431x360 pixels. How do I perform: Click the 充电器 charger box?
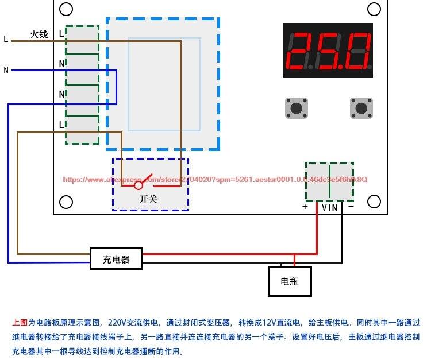point(116,259)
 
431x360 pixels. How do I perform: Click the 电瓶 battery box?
point(290,281)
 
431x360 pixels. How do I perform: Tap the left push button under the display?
point(297,107)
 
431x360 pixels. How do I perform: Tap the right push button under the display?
point(361,107)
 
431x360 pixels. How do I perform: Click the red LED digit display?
point(328,51)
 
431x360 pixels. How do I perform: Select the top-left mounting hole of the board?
point(66,9)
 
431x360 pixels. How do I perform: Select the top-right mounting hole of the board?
point(374,9)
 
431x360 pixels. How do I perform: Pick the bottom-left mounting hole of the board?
point(66,202)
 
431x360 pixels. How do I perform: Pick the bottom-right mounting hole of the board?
point(374,202)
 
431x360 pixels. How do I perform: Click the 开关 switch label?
point(148,199)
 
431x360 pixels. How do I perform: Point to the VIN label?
point(329,208)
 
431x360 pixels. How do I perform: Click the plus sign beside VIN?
point(305,207)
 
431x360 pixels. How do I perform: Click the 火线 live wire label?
point(39,34)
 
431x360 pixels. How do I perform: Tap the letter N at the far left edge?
point(6,71)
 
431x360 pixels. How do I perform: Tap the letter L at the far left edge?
point(6,40)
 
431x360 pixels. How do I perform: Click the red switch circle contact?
point(138,185)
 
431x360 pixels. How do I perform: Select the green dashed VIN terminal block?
point(329,181)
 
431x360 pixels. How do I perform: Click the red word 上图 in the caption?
point(20,323)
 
